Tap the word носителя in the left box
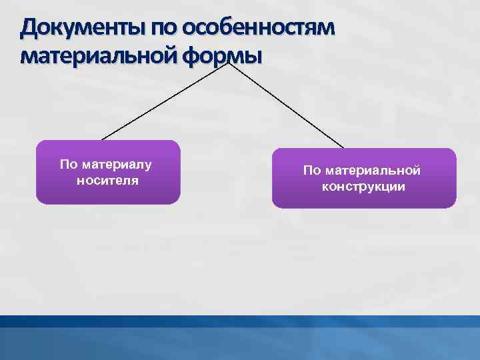coord(108,179)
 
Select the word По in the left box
coord(68,164)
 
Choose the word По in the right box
coord(311,171)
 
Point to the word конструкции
coord(363,187)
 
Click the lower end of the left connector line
coord(102,139)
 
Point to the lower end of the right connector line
coord(344,148)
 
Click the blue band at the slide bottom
coord(240,340)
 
